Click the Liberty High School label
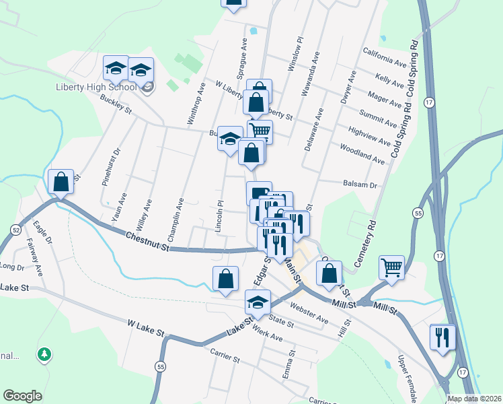pyautogui.click(x=96, y=87)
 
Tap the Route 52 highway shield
pyautogui.click(x=15, y=230)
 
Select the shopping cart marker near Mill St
pyautogui.click(x=391, y=268)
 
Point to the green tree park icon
pyautogui.click(x=44, y=353)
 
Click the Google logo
pyautogui.click(x=22, y=396)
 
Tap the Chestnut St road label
pyautogui.click(x=147, y=240)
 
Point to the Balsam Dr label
pyautogui.click(x=361, y=184)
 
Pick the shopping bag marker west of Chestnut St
pyautogui.click(x=61, y=182)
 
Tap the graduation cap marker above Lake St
pyautogui.click(x=257, y=304)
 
